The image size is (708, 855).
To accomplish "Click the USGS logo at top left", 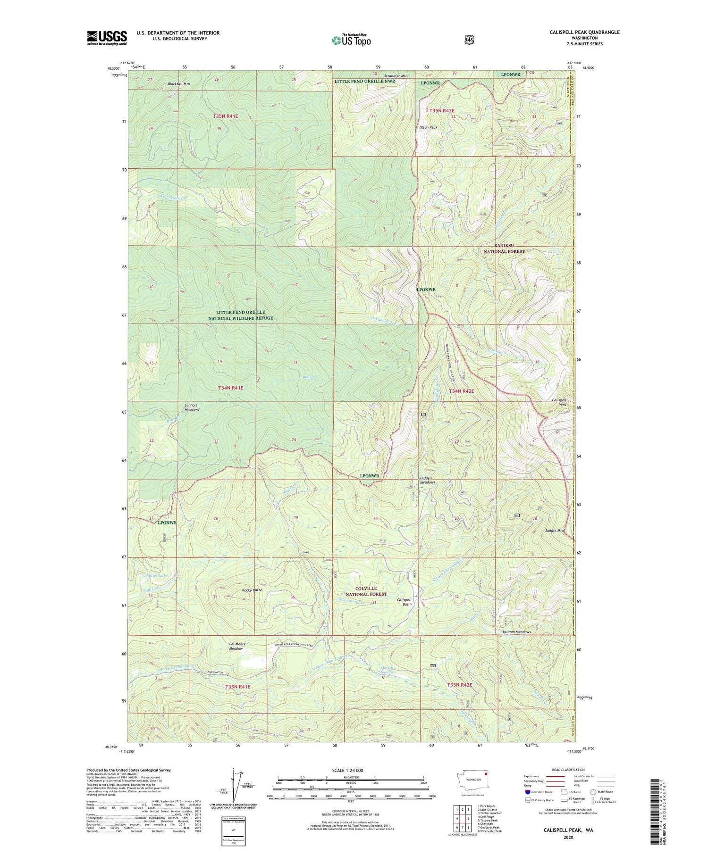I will click(107, 38).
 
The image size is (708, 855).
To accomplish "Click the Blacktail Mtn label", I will click(179, 84).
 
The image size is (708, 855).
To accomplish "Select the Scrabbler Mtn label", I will click(396, 75).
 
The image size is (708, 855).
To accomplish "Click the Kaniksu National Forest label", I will click(503, 249).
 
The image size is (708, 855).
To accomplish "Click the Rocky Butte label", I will click(252, 590).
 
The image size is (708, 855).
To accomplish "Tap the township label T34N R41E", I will click(231, 388).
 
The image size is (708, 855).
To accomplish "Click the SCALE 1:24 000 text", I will click(350, 770).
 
